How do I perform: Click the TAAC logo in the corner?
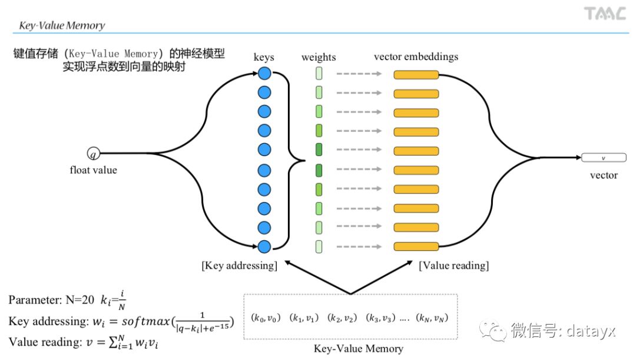[x=604, y=14]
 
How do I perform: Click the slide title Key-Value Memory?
[x=62, y=25]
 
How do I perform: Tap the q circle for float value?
[x=93, y=154]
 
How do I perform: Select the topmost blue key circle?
[x=264, y=74]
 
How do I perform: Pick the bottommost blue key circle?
[x=264, y=247]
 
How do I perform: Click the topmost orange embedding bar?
[x=416, y=75]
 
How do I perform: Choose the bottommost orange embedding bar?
[x=416, y=247]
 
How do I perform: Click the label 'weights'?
[x=318, y=57]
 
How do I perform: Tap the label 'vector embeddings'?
[x=416, y=57]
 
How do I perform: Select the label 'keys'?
[x=264, y=57]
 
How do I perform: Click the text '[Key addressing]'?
[x=239, y=265]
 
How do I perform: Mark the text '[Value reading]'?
[x=453, y=265]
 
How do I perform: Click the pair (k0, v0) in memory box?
[x=263, y=318]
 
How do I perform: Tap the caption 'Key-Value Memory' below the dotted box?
[x=358, y=348]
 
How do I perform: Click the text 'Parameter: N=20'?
[x=51, y=300]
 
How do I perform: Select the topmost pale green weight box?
[x=319, y=74]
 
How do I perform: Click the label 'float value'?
[x=93, y=170]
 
